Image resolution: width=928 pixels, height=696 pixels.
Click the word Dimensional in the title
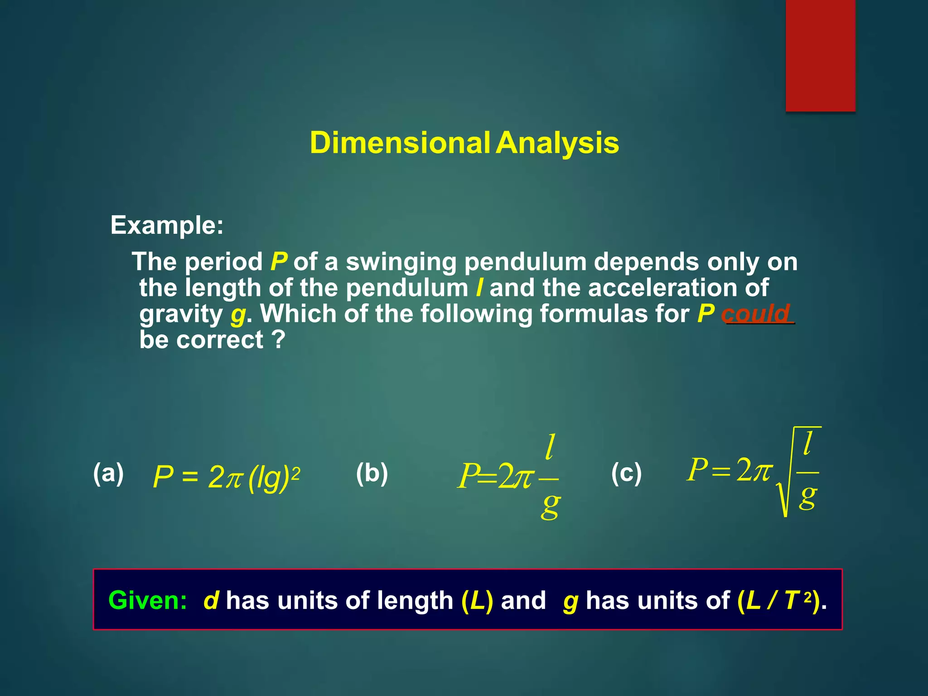(x=400, y=143)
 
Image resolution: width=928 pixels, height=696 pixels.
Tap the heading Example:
(x=167, y=225)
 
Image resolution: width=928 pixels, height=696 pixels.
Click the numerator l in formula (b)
(x=550, y=447)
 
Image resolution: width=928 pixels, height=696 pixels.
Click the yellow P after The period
(x=279, y=262)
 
